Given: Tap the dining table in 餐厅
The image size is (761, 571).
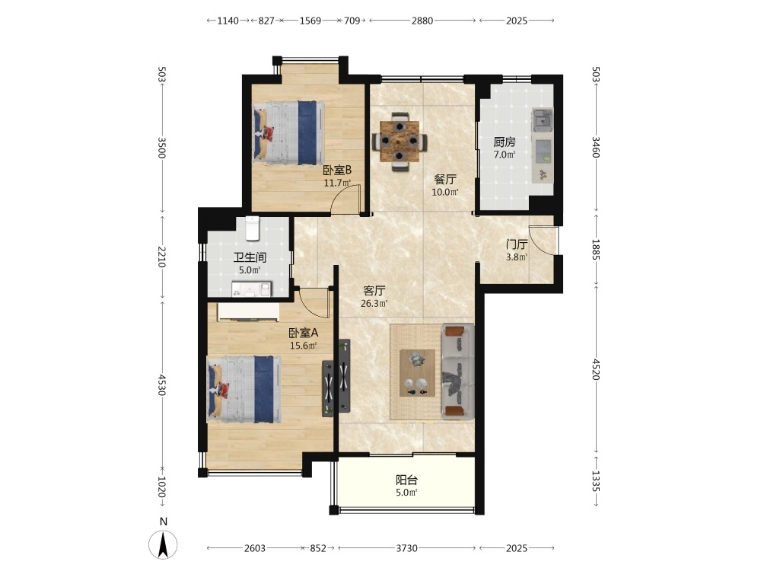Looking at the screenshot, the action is point(400,142).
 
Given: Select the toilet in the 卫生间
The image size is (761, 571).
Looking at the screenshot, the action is point(253,228).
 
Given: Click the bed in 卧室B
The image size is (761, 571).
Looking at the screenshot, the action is point(288,132).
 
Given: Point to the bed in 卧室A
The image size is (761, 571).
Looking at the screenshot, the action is point(244,388).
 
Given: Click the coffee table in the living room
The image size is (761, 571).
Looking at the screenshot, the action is point(417,373).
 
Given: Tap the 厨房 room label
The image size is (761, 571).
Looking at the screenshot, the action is point(505,142).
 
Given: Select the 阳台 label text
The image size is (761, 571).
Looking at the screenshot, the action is point(406,480).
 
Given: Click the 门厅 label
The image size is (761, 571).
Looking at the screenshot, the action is point(517,244).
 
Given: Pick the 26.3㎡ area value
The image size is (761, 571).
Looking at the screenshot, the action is point(374,304).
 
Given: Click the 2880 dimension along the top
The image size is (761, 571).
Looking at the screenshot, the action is point(422,21).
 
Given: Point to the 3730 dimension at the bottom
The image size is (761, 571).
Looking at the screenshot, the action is point(406,548).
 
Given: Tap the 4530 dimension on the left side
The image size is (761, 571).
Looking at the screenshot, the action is point(161,384).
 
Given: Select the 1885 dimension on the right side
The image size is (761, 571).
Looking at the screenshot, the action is point(596,249).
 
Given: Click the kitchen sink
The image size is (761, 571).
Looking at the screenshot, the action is point(542,120).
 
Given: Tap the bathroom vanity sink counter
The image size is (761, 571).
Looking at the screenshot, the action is point(251,289).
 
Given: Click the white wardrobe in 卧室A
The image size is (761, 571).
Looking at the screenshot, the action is point(248,312).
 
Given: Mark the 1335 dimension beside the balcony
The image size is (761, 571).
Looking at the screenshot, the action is point(596,481).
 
